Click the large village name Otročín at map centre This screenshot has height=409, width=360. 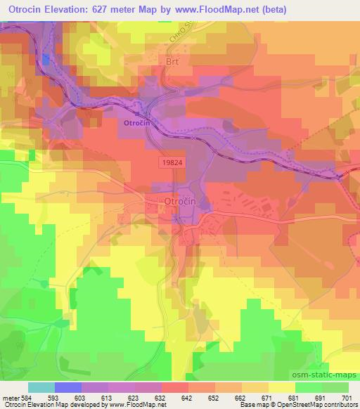click(180, 202)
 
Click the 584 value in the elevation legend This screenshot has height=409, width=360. click(23, 398)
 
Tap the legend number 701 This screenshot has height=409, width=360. click(347, 398)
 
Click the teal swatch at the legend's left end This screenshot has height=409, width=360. click(41, 387)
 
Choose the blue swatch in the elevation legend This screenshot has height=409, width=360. click(68, 387)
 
